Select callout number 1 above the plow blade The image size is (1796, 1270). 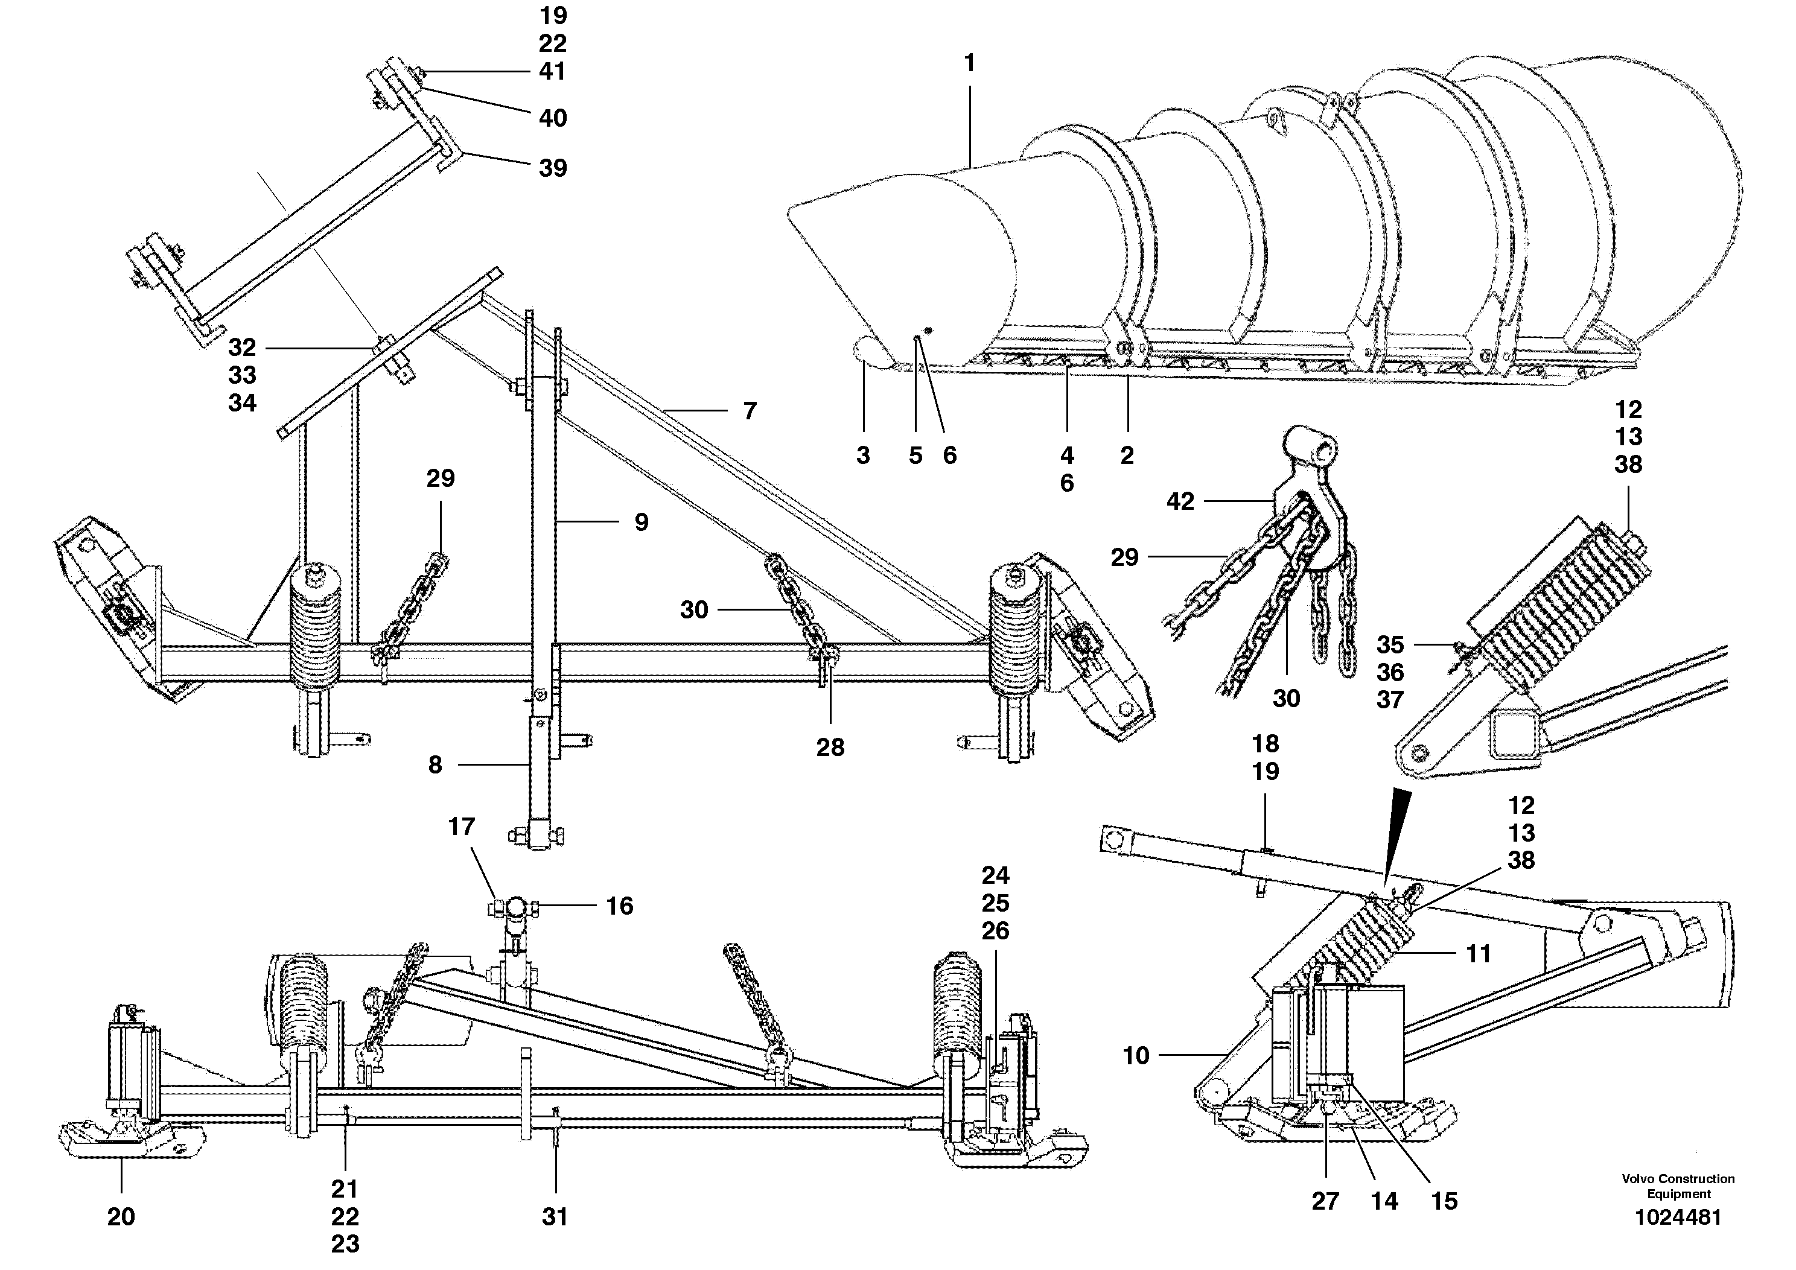click(x=970, y=63)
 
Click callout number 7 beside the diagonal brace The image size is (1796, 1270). click(x=750, y=410)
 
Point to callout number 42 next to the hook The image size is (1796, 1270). click(x=1180, y=501)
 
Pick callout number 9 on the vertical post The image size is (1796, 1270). click(x=642, y=522)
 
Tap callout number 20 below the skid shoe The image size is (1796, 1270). click(x=121, y=1216)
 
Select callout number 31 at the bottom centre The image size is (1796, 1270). click(x=555, y=1216)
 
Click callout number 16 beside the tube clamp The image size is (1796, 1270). click(x=620, y=906)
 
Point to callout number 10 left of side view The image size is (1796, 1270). click(x=1136, y=1056)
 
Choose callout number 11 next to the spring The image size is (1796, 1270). click(x=1477, y=953)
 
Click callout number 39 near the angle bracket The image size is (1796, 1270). click(x=553, y=168)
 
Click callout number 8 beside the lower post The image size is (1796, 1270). click(x=436, y=765)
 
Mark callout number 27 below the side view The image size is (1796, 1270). click(x=1325, y=1201)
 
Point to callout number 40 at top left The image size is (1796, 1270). click(x=553, y=118)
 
